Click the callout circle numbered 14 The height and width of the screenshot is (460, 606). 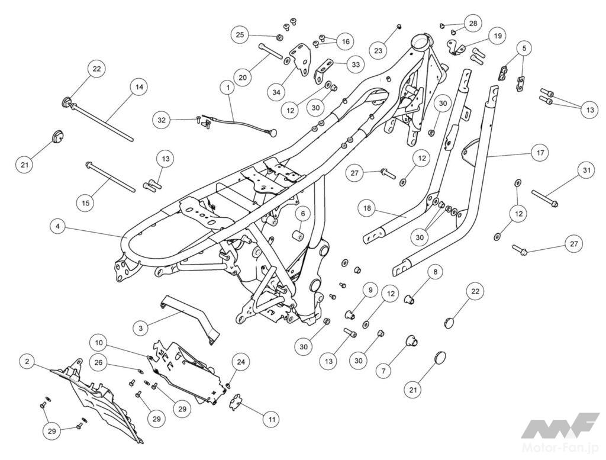pos(139,88)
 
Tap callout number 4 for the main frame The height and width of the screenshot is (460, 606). pos(57,226)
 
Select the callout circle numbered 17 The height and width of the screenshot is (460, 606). pos(540,153)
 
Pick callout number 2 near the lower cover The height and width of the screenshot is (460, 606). pos(27,362)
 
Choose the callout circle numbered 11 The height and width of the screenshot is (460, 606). pos(272,419)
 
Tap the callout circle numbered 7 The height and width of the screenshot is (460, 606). pos(383,371)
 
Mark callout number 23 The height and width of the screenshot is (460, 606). pos(378,50)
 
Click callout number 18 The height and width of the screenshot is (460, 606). pos(367,208)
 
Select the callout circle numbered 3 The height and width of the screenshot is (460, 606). pos(140,329)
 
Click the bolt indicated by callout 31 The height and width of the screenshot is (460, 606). pos(545,198)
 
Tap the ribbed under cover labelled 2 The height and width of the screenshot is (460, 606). pos(99,401)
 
